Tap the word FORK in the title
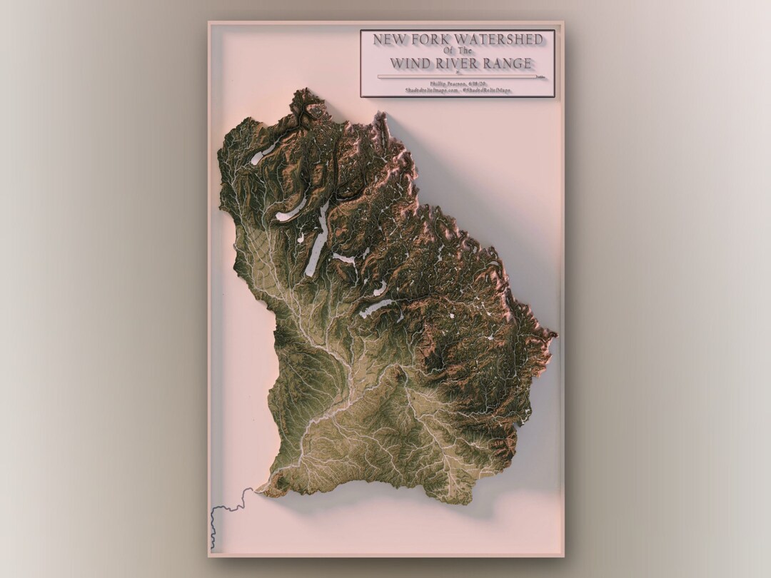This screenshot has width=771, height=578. (x=429, y=39)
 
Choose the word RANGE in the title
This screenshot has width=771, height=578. (x=508, y=64)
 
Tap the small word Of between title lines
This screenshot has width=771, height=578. (x=448, y=51)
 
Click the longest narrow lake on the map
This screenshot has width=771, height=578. (x=317, y=239)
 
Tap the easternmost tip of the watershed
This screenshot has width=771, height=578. (x=555, y=333)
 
